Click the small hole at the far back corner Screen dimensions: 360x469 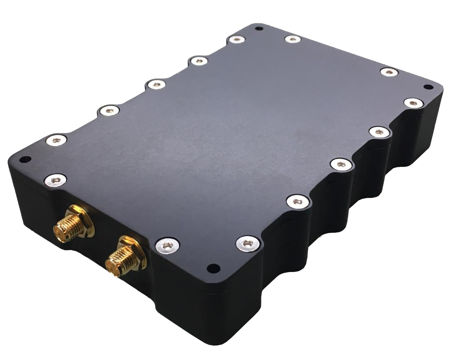point(259,29)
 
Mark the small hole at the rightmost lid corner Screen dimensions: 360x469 point(426,87)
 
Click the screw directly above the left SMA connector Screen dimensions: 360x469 point(56,180)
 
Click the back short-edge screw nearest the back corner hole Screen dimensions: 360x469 point(293,39)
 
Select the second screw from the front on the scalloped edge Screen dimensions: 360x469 point(297,201)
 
